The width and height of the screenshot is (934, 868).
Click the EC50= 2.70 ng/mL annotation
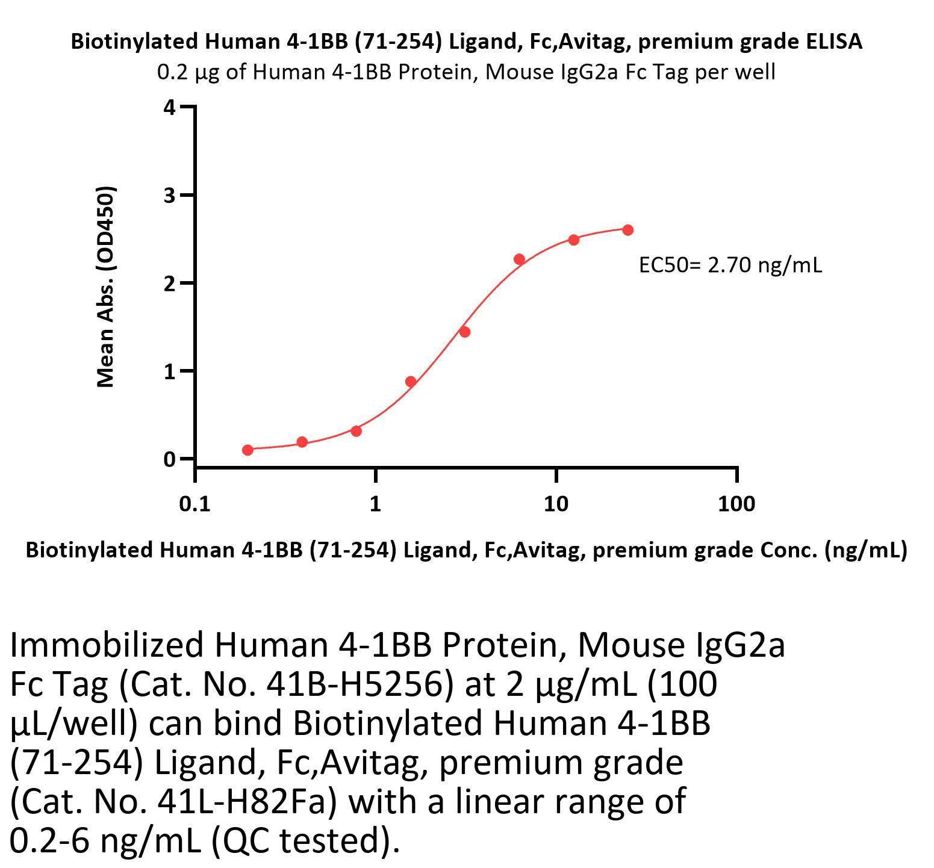[730, 265]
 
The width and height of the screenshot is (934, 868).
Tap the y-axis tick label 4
[169, 108]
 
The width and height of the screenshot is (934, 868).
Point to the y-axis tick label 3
[169, 196]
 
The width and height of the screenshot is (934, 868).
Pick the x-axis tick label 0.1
[195, 504]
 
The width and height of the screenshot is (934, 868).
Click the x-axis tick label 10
[556, 504]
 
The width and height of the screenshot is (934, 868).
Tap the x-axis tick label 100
[736, 504]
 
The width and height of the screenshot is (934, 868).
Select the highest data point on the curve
[627, 230]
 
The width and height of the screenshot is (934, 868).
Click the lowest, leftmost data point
[248, 450]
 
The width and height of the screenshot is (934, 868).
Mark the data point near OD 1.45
[464, 332]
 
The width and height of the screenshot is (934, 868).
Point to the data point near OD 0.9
[411, 382]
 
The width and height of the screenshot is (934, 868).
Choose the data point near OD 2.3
[519, 259]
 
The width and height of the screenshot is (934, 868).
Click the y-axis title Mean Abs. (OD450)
[106, 287]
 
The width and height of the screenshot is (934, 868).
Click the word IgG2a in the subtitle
[603, 72]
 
